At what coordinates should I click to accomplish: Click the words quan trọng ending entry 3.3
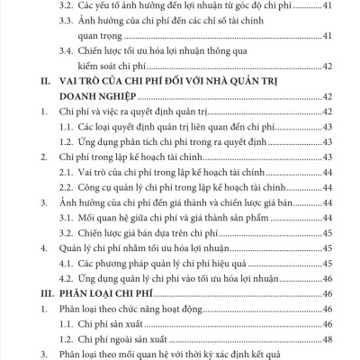126,33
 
